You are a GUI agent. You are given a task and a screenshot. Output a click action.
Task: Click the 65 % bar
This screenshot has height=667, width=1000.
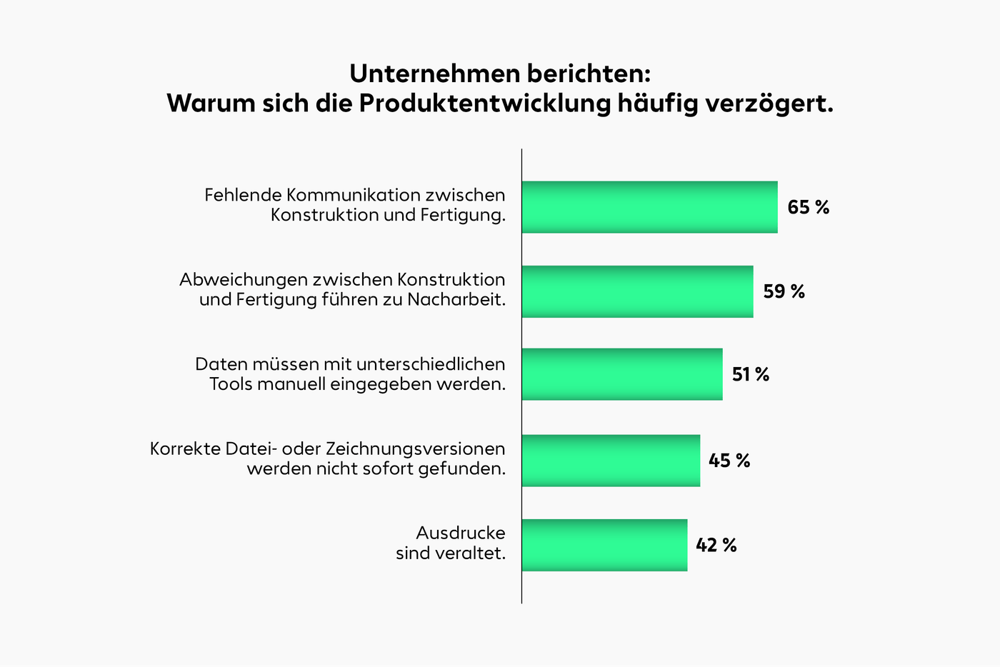pyautogui.click(x=649, y=207)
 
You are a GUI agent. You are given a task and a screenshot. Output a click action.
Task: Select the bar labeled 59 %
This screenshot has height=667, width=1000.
pyautogui.click(x=637, y=291)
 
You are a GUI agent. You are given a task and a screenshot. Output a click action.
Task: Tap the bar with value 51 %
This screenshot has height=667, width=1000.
pyautogui.click(x=622, y=374)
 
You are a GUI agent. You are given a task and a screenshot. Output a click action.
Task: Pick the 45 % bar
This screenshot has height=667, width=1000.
pyautogui.click(x=611, y=461)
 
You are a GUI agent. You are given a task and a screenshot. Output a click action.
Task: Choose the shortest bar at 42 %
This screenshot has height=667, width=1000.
pyautogui.click(x=604, y=545)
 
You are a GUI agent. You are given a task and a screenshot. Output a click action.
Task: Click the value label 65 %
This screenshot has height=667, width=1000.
pyautogui.click(x=808, y=207)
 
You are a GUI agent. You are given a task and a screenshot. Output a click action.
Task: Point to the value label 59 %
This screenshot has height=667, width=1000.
pyautogui.click(x=784, y=291)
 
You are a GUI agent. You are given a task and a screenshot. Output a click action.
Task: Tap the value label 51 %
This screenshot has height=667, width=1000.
pyautogui.click(x=750, y=374)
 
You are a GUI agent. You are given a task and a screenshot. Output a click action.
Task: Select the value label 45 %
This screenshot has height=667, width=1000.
pyautogui.click(x=729, y=461)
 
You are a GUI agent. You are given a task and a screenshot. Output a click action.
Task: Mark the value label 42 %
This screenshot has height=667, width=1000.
pyautogui.click(x=716, y=545)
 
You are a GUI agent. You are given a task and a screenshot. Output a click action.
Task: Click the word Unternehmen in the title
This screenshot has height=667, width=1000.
pyautogui.click(x=435, y=74)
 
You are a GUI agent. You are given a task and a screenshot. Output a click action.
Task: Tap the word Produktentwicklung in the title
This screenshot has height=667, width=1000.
pyautogui.click(x=484, y=104)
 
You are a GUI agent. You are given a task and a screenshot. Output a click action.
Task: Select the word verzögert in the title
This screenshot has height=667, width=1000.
pyautogui.click(x=769, y=104)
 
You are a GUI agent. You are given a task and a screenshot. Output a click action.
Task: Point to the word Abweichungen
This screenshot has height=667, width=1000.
pyautogui.click(x=243, y=279)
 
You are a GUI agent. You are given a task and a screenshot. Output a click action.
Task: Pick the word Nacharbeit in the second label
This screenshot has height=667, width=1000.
pyautogui.click(x=456, y=299)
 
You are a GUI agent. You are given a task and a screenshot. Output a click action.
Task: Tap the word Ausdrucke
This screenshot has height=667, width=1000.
pyautogui.click(x=460, y=533)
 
